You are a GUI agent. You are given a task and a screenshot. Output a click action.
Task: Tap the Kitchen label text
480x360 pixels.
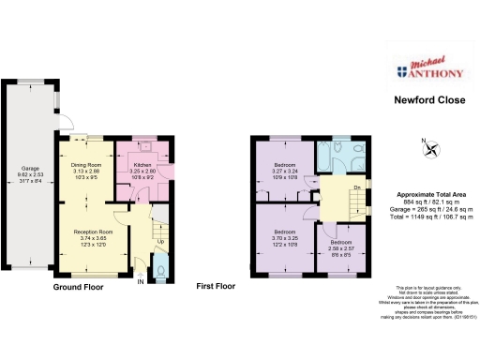tap(143, 166)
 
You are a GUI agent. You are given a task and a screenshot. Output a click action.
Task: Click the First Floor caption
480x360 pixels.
tap(215, 286)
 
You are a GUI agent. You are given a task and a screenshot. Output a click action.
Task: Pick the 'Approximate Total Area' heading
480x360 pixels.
tap(430, 194)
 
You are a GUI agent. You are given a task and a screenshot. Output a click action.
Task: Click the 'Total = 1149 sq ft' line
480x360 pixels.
tap(430, 216)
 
